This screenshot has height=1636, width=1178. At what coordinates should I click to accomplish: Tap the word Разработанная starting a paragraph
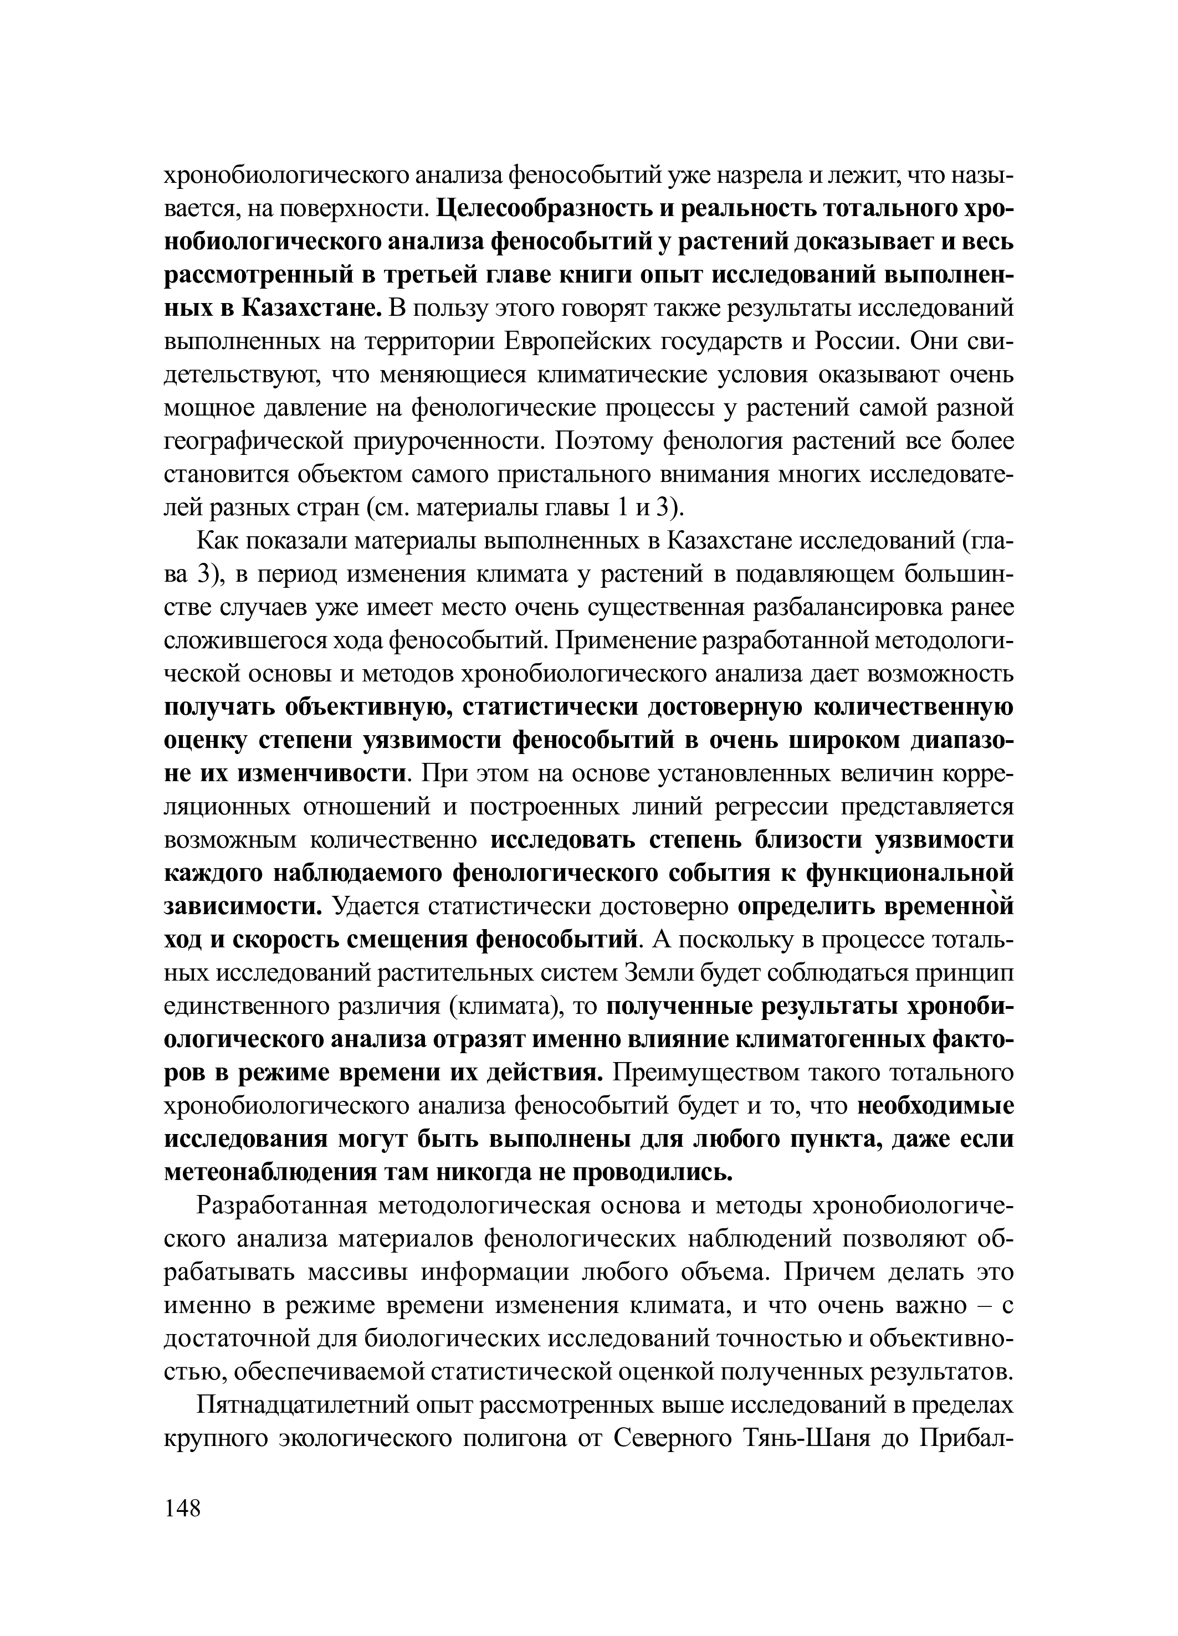pos(284,1206)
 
